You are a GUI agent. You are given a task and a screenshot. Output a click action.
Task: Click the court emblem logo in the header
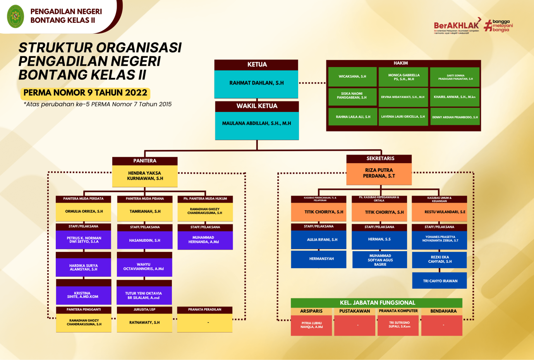coord(15,16)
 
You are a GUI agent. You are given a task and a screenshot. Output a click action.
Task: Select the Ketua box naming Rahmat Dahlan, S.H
coord(256,83)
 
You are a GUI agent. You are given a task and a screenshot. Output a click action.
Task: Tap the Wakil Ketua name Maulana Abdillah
coord(257,124)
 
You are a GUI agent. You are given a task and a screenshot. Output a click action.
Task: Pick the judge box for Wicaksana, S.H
coord(352,77)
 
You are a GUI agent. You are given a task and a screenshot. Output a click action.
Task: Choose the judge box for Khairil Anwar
coord(455,97)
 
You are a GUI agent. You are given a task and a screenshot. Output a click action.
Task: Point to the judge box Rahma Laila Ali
coord(353,117)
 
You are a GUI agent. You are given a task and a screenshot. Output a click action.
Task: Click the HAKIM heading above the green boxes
coord(401,63)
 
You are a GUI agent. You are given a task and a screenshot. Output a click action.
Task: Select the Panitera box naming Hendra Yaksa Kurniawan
coord(145,176)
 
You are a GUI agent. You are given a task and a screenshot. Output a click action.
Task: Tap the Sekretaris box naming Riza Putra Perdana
coord(379,173)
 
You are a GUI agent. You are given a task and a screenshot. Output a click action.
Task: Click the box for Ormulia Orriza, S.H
coord(84,212)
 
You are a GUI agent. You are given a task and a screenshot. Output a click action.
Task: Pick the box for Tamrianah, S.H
coord(145,212)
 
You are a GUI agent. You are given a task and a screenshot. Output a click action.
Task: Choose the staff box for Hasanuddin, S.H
coord(144,241)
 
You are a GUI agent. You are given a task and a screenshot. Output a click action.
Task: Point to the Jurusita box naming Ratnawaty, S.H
coord(144,322)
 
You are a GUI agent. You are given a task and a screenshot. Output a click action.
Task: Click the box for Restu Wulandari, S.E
coord(439,212)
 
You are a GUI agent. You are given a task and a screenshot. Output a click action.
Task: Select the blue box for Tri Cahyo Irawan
coord(440,281)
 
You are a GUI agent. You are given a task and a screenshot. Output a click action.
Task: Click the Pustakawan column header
coord(355,311)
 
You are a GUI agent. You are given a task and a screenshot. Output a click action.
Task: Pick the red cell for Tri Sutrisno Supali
coord(399,325)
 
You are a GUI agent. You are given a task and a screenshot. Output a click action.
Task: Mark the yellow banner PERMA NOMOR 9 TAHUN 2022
coord(85,93)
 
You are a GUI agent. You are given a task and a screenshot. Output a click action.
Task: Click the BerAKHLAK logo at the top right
coord(457,26)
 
